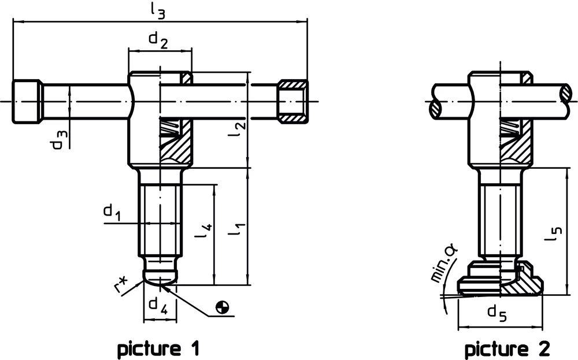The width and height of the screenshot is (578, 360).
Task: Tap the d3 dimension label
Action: pyautogui.click(x=60, y=139)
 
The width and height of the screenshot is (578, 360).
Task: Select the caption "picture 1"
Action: pyautogui.click(x=158, y=348)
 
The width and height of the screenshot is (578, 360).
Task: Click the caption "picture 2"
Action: pyautogui.click(x=507, y=348)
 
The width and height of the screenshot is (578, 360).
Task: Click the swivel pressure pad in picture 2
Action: pyautogui.click(x=501, y=283)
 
